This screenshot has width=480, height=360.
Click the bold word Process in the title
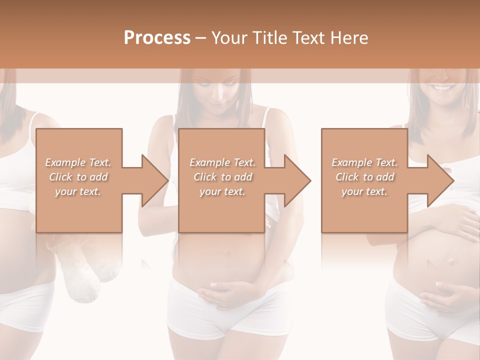(157, 37)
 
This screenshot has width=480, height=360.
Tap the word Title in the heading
(269, 37)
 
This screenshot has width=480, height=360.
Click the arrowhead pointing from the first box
(154, 180)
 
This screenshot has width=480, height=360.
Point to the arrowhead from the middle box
(297, 180)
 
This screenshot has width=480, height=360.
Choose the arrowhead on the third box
(440, 180)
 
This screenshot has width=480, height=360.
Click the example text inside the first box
(78, 177)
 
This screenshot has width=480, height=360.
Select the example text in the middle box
(222, 177)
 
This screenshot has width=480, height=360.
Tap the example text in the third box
(364, 177)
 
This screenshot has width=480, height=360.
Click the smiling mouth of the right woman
(442, 88)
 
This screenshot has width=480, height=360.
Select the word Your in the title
(229, 37)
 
